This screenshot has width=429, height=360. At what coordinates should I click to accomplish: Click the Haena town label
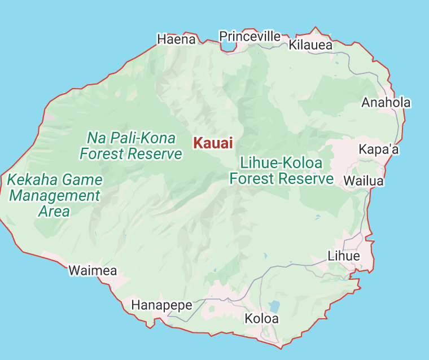(x=176, y=39)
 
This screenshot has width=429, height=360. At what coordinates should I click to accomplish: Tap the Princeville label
(x=249, y=37)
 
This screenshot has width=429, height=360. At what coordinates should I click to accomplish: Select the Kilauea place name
(x=310, y=45)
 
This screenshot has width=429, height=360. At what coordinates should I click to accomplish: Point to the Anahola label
(x=386, y=103)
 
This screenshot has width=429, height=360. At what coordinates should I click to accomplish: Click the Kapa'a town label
(x=379, y=150)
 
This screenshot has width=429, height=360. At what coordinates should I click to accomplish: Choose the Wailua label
(x=364, y=181)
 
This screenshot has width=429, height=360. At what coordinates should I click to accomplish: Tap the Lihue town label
(x=343, y=256)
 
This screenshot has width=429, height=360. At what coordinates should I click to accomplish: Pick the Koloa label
(x=261, y=319)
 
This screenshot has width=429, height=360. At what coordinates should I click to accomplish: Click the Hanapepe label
(x=161, y=305)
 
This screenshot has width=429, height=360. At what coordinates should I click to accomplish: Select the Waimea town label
(x=93, y=271)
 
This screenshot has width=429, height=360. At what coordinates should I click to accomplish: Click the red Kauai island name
(x=213, y=143)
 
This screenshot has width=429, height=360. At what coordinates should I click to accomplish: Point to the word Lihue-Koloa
(x=281, y=163)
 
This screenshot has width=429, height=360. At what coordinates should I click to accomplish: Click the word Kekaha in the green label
(x=30, y=181)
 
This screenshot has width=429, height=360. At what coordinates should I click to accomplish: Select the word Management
(x=55, y=196)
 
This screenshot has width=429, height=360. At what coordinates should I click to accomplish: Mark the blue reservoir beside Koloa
(x=274, y=307)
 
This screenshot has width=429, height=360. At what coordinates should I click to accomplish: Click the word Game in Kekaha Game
(x=82, y=181)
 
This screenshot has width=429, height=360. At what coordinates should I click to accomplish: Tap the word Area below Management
(x=54, y=212)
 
